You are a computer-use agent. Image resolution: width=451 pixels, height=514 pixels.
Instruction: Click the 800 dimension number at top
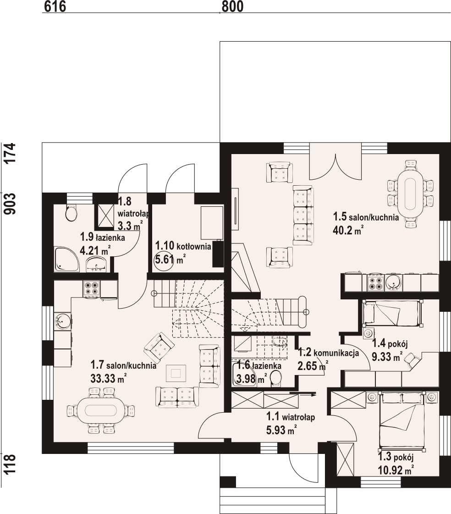click(x=232, y=6)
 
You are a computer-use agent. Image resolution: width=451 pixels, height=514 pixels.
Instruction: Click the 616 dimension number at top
click(x=55, y=6)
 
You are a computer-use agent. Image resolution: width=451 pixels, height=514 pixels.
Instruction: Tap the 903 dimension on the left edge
click(x=11, y=204)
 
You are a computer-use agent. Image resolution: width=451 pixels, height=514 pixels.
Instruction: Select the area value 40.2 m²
click(x=348, y=231)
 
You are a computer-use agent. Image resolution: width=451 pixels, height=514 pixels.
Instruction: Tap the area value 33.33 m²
click(x=109, y=379)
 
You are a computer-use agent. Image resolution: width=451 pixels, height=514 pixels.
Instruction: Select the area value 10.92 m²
click(x=396, y=470)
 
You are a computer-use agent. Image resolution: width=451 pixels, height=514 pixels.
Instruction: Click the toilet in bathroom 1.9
click(x=71, y=213)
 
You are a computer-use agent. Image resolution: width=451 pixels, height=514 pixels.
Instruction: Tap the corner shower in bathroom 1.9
click(x=67, y=260)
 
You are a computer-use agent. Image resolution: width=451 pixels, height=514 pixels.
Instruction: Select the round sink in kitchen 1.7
click(x=62, y=321)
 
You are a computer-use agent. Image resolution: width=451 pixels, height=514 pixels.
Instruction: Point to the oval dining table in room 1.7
click(x=101, y=410)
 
